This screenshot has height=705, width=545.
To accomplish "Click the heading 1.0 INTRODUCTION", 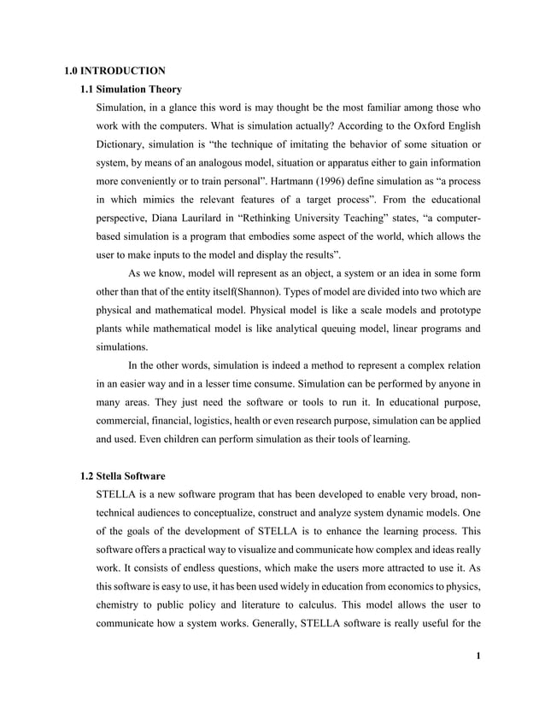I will (x=115, y=70).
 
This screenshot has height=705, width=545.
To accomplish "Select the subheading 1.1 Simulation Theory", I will (x=130, y=89).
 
